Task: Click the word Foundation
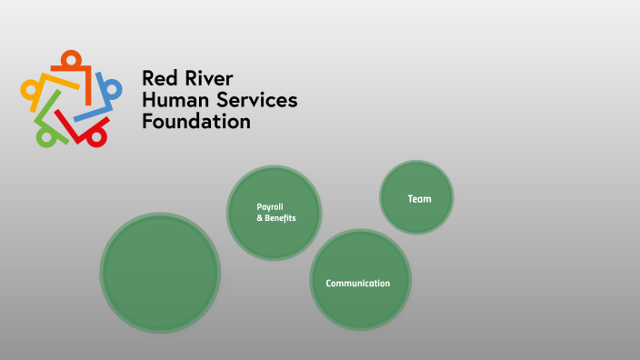195,121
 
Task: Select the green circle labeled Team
416,197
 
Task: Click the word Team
419,198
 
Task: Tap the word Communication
358,284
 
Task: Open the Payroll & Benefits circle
274,213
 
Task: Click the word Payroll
270,206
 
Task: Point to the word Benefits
280,218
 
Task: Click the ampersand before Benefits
259,218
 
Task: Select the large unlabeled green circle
160,273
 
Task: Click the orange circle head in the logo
72,58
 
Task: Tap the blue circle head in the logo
114,89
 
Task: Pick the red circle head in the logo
94,135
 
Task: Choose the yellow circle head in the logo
29,90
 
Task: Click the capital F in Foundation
147,121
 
